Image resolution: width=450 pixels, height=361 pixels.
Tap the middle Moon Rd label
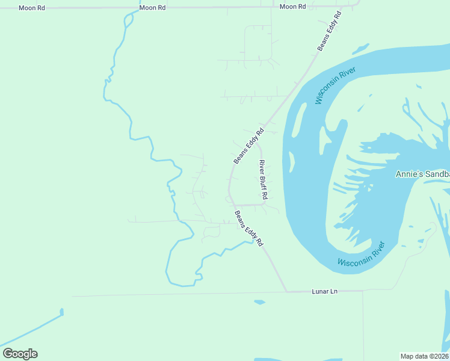tap(152, 8)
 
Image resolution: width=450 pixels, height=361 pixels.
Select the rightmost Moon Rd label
tap(293, 7)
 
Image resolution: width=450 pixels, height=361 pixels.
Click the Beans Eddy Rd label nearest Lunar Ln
tap(249, 229)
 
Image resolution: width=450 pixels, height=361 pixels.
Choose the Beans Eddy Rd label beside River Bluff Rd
tap(248, 146)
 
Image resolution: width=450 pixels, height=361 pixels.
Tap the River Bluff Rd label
tap(263, 179)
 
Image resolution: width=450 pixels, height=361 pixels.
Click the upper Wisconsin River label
tap(336, 85)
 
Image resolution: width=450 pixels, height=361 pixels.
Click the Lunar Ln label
tap(325, 291)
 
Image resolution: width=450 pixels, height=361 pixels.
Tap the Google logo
tap(20, 354)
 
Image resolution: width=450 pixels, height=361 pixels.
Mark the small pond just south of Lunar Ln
tap(259, 302)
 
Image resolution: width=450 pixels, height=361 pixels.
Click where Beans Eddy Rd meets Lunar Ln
tap(287, 292)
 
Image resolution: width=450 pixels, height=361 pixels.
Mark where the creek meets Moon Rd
tap(128, 8)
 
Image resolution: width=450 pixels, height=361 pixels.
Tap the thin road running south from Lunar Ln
tap(363, 325)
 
